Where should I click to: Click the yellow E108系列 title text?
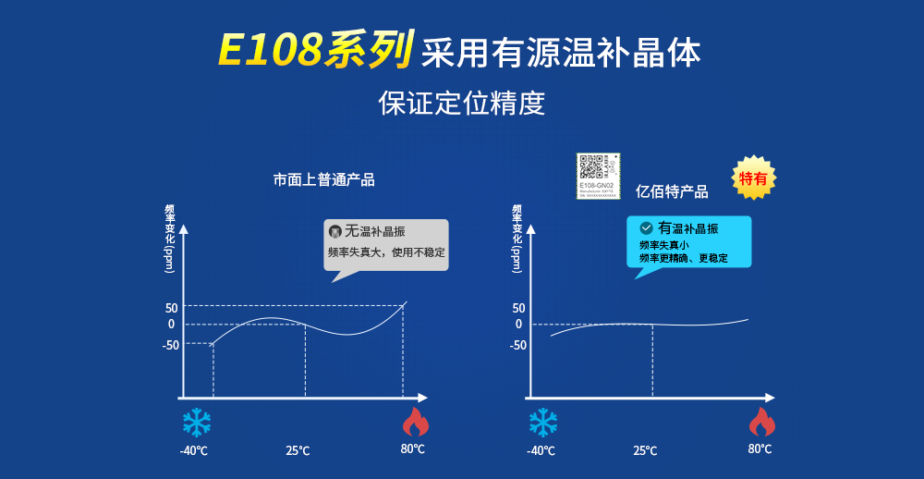(x=314, y=52)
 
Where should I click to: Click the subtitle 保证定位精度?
(x=462, y=103)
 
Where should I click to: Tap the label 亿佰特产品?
(x=672, y=191)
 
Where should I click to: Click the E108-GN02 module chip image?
(x=596, y=176)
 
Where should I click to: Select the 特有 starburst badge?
(x=753, y=178)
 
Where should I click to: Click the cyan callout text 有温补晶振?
(x=687, y=227)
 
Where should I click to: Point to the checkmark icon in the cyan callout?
(x=647, y=227)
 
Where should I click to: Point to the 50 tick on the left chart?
(x=171, y=307)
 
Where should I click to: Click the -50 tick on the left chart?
(x=170, y=345)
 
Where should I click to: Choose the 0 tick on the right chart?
(x=518, y=325)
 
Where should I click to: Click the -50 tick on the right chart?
(x=517, y=345)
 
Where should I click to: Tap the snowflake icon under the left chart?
(x=196, y=423)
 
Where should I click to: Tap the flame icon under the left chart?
(x=415, y=422)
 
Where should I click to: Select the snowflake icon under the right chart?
(x=542, y=423)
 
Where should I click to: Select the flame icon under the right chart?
(x=761, y=422)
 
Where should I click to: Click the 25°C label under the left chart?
(x=298, y=451)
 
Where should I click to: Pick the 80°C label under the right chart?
(x=760, y=449)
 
